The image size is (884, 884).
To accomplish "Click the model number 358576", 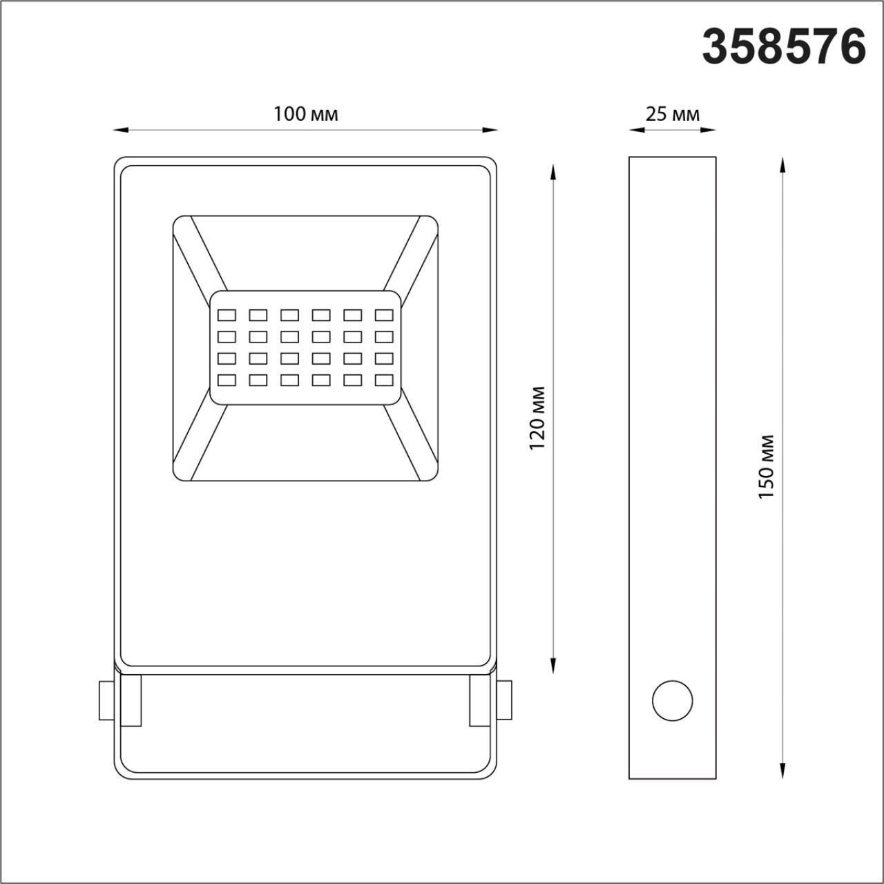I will pos(784,47).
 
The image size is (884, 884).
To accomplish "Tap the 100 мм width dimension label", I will pos(306,114).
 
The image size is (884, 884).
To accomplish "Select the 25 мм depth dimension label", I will pos(672,114).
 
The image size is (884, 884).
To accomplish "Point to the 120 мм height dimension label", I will pos(538,418).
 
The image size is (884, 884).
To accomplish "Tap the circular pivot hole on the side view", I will pos(672,701).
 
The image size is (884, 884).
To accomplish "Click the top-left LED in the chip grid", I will pos(227,316).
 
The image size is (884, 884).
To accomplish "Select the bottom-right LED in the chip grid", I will pos(384,380).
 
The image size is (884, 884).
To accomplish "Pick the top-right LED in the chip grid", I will pos(384,316).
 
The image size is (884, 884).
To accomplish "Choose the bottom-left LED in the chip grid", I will pos(227,380).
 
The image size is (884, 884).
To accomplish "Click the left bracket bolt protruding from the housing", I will pos(106,700).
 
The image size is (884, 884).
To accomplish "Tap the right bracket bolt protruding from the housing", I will pos(505,700).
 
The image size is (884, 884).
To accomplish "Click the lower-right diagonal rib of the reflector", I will pos(411,442).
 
